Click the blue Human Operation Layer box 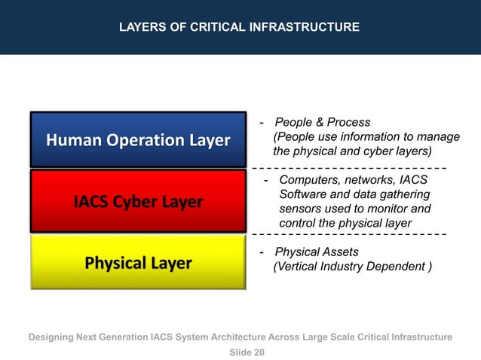[x=138, y=140]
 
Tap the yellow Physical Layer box [x=138, y=261]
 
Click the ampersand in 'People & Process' [x=320, y=123]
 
